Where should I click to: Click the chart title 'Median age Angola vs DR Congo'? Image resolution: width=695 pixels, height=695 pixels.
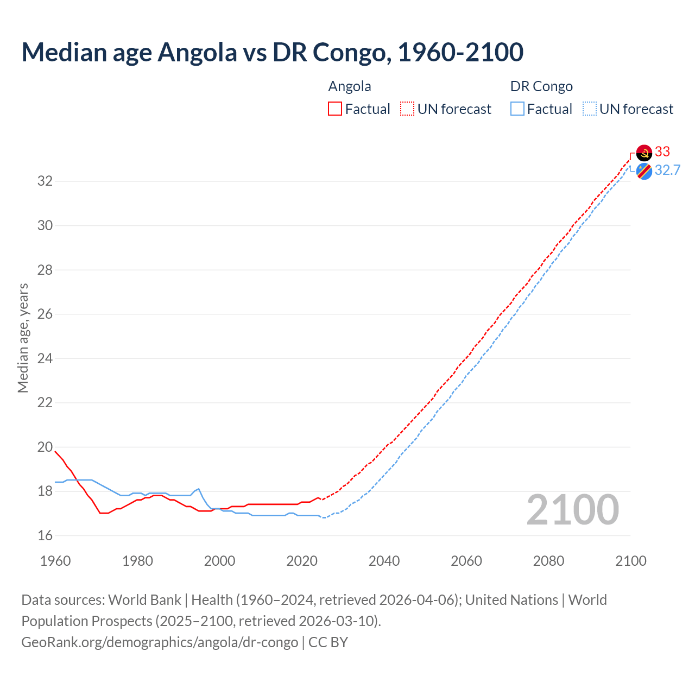pos(272,52)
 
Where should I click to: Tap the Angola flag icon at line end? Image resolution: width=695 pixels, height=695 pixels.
pos(644,153)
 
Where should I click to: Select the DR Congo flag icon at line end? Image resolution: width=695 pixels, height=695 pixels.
pos(644,171)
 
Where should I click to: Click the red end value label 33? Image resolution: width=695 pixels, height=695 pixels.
pos(662,151)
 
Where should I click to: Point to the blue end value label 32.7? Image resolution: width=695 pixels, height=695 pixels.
pos(667,170)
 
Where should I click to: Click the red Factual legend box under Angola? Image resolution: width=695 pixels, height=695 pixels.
pos(335,109)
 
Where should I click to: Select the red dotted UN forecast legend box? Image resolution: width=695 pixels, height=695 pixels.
pos(407,109)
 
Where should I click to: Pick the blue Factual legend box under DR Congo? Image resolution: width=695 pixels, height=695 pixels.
pos(517,109)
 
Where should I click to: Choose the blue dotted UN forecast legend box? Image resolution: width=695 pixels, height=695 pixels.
pos(590,109)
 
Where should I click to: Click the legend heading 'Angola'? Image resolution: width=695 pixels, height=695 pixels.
pos(350,86)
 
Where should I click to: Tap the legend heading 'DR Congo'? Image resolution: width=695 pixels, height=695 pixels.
pos(541,86)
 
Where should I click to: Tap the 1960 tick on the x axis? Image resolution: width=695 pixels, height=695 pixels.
pos(55,561)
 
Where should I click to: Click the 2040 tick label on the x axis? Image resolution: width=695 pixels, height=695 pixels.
pos(384,561)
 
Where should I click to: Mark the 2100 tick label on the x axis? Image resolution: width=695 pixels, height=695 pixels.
pos(630,561)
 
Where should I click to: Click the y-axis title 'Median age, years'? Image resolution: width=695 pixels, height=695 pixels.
pos(23,338)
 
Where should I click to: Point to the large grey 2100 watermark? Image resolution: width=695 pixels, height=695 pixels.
pos(573,510)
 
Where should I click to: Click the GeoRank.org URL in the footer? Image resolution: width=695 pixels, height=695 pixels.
pos(160,642)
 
